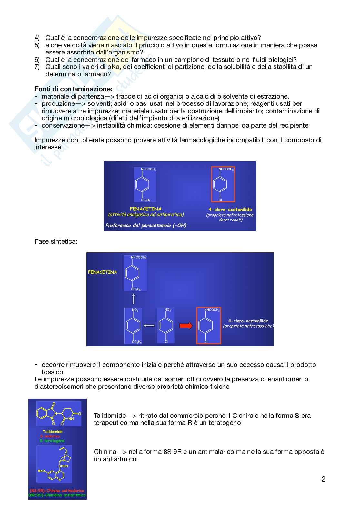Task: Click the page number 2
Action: [323, 479]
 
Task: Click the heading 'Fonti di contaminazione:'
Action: [73, 89]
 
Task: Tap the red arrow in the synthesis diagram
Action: [186, 326]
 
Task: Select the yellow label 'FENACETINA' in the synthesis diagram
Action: [102, 272]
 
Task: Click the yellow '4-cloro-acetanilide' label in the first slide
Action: [230, 210]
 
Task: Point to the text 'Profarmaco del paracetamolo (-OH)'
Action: [146, 225]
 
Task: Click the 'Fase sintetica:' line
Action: [56, 241]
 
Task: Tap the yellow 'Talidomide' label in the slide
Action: [53, 432]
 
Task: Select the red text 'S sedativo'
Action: [50, 436]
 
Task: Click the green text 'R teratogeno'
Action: [52, 441]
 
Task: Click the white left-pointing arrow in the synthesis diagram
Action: [149, 326]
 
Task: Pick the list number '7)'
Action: [37, 67]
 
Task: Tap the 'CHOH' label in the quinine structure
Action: [63, 466]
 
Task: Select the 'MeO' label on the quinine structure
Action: [41, 471]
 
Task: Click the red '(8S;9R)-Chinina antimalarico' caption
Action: [57, 491]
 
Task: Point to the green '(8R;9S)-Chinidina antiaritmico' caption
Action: [57, 495]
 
